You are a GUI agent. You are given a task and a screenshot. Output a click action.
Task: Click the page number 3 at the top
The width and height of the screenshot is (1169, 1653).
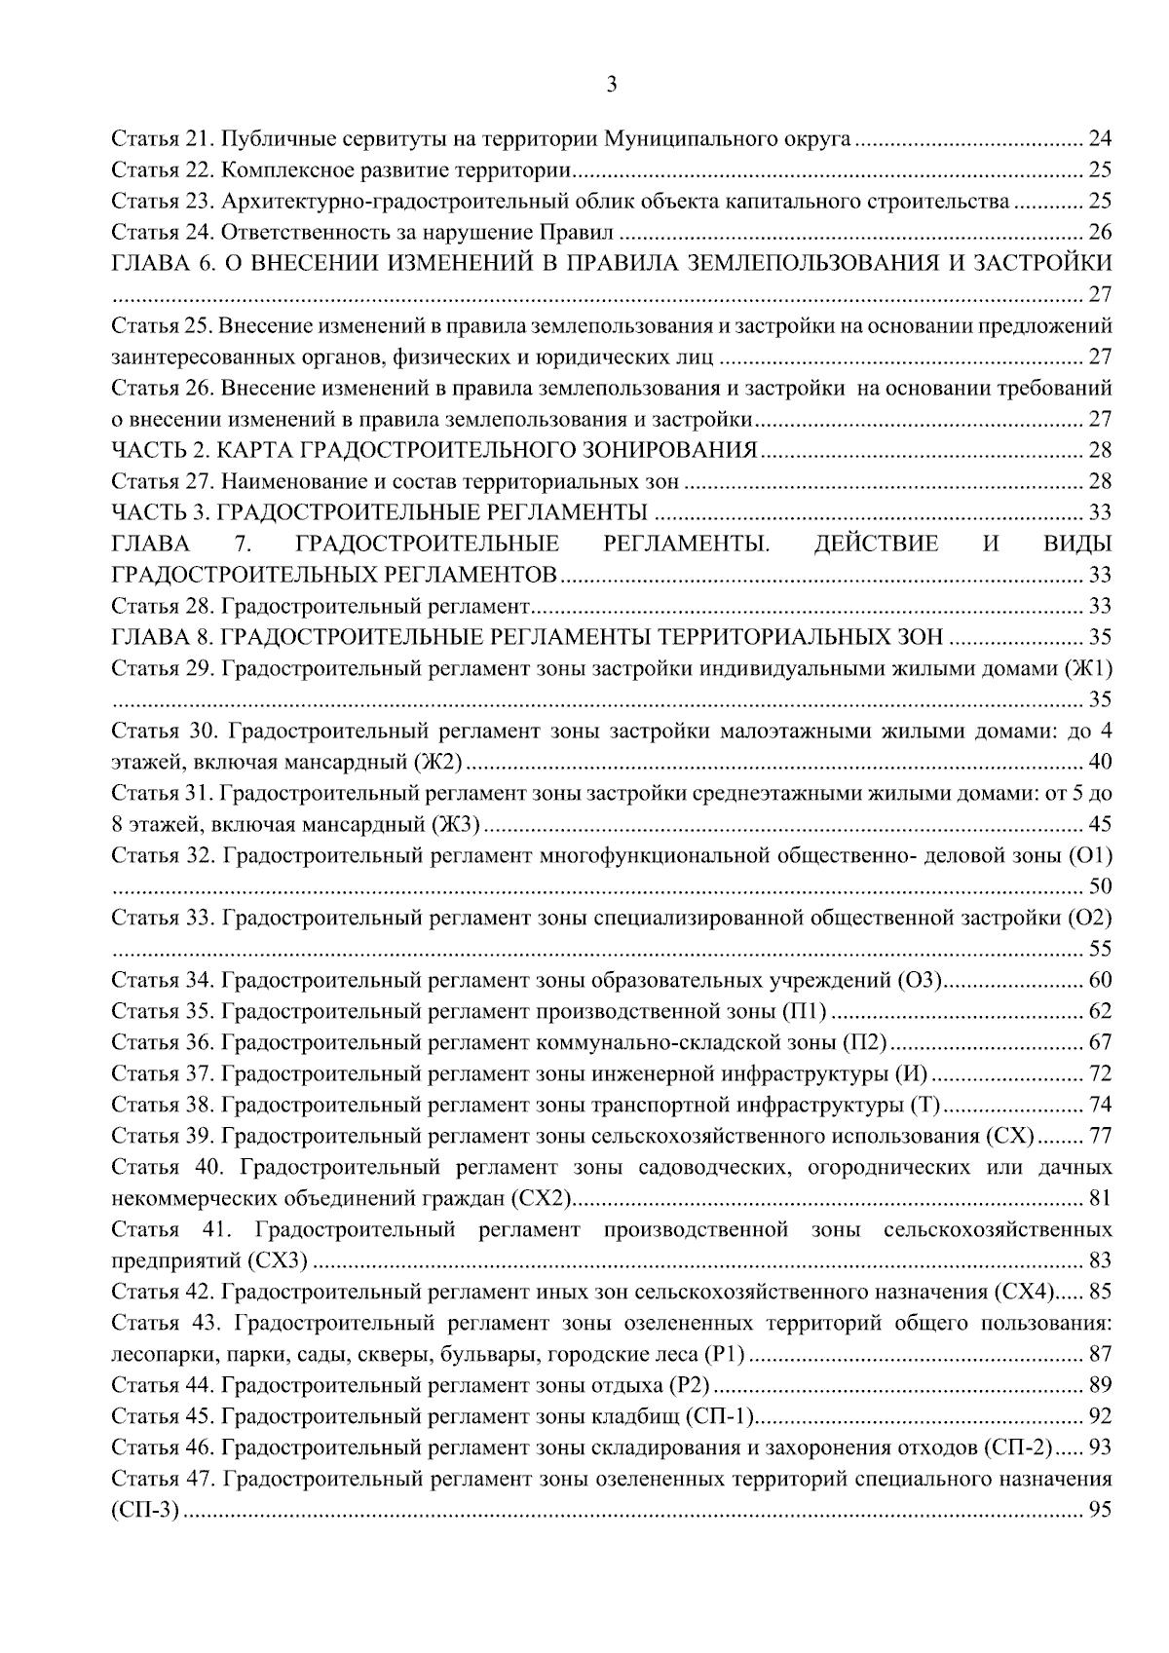pyautogui.click(x=611, y=85)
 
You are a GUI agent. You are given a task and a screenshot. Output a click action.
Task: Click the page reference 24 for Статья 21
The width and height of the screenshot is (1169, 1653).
pyautogui.click(x=1100, y=139)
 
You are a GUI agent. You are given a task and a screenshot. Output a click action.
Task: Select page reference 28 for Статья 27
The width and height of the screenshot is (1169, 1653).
pyautogui.click(x=1100, y=481)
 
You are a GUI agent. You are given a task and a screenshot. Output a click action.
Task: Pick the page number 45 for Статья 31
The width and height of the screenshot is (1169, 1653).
pyautogui.click(x=1100, y=824)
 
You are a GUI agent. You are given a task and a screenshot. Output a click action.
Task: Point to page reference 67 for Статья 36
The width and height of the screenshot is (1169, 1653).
pyautogui.click(x=1100, y=1042)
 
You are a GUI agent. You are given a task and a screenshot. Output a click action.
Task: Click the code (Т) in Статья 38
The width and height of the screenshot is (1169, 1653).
pyautogui.click(x=925, y=1105)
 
